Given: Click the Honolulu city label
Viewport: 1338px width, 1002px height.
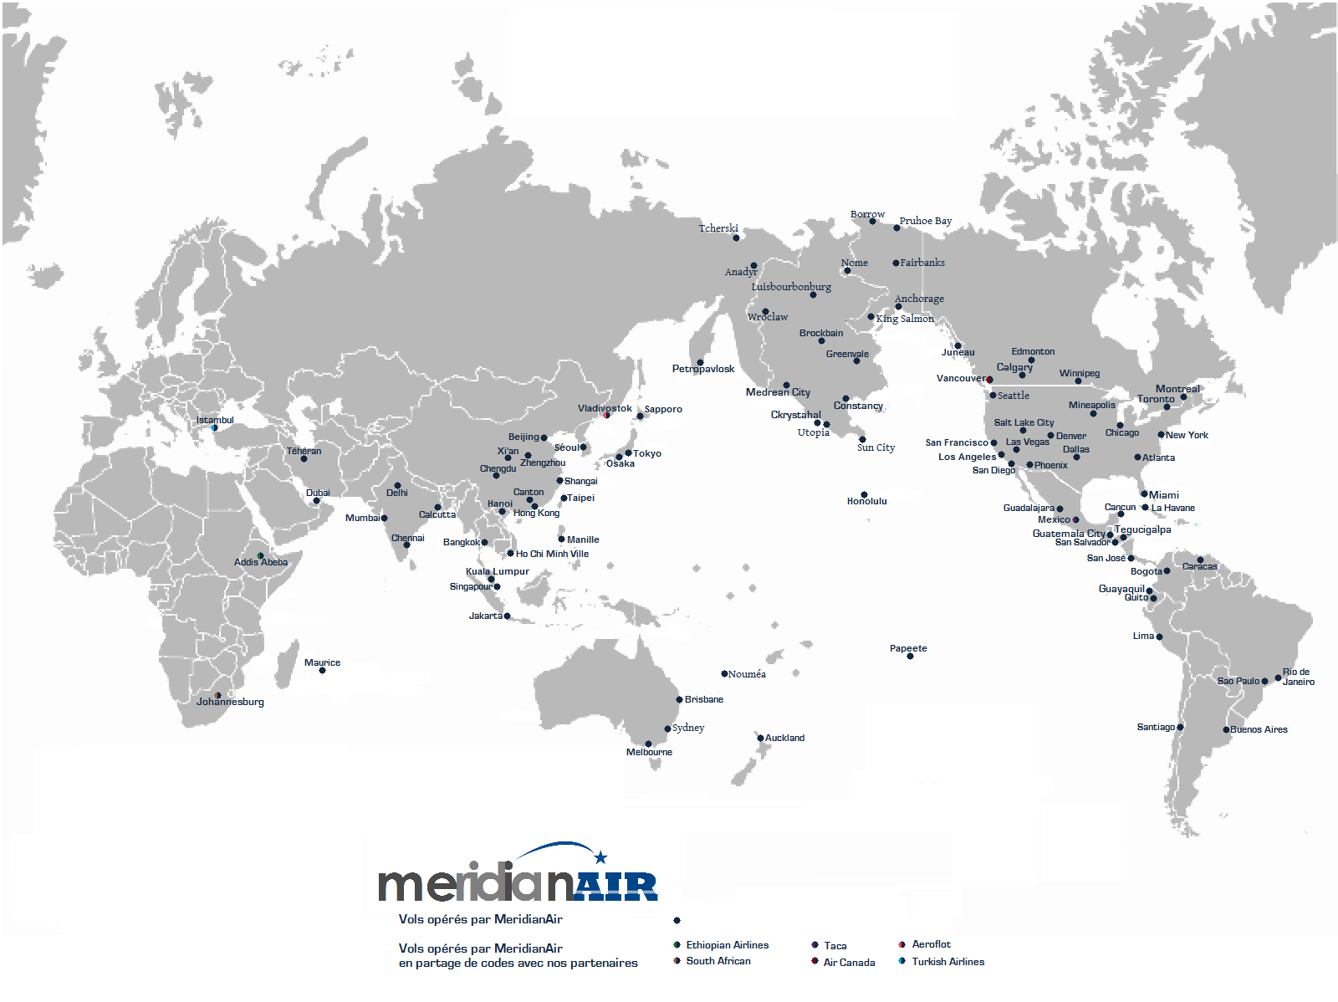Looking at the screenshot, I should [x=866, y=501].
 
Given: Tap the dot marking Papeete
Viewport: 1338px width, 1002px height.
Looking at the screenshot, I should [x=910, y=657].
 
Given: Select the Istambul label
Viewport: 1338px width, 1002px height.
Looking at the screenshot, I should [x=215, y=420].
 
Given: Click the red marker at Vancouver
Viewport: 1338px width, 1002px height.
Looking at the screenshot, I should [x=989, y=380].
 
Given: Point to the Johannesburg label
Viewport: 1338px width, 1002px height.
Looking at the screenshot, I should [x=230, y=702].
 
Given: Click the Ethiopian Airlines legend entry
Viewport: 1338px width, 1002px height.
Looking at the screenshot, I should [x=727, y=945].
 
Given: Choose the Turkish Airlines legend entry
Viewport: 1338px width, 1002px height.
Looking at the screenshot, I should [x=947, y=962].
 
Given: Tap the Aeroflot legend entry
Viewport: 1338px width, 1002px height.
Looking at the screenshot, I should [x=931, y=944].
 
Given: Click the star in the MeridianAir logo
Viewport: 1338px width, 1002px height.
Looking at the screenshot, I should [x=600, y=856].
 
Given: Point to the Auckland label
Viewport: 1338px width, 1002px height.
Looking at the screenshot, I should [x=784, y=738].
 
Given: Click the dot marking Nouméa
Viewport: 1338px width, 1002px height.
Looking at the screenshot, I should [x=724, y=673].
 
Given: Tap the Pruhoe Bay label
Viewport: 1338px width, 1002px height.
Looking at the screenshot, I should [x=925, y=221].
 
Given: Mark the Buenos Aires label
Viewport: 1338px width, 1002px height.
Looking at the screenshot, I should [x=1259, y=729].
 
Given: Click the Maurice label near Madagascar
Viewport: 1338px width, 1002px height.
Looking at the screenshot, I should [x=322, y=662].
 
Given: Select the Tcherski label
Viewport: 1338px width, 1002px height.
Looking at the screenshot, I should [x=718, y=228].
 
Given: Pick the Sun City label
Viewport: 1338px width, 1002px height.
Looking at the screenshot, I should [x=876, y=447].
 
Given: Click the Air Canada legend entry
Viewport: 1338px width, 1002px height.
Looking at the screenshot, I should [x=849, y=963].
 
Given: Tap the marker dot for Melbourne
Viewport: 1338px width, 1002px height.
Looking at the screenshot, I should [x=648, y=744].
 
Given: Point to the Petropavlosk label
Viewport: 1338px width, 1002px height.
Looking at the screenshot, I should [x=702, y=369].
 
